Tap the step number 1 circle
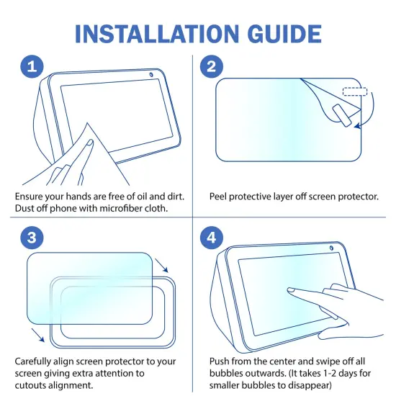[30, 67]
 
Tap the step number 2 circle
[212, 67]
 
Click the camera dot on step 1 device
[151, 76]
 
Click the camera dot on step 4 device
[334, 251]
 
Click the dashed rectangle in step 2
[354, 92]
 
